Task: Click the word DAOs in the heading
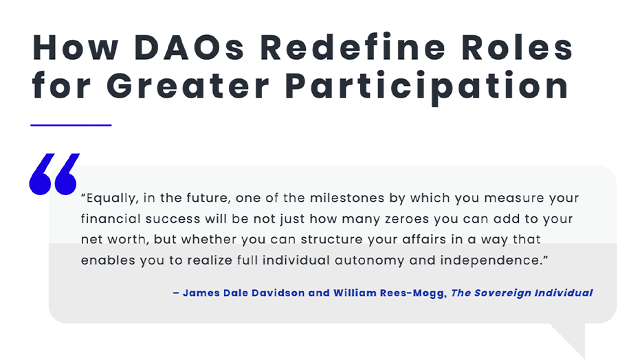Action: (189, 48)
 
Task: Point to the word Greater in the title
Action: (188, 86)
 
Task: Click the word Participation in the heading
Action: (427, 87)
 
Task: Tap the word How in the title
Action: (76, 48)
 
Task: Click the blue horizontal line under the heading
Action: (71, 125)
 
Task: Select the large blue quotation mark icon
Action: (54, 174)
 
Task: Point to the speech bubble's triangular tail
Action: (572, 337)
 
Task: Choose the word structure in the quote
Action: (331, 239)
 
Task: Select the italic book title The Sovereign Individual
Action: (522, 293)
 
